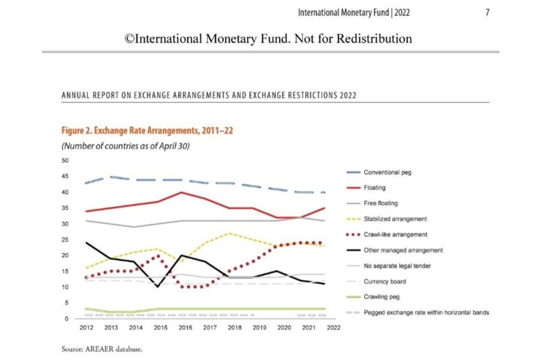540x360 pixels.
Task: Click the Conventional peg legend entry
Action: pyautogui.click(x=387, y=172)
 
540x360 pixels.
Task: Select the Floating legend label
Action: pyautogui.click(x=374, y=188)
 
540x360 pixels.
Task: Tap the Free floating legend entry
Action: pyautogui.click(x=380, y=203)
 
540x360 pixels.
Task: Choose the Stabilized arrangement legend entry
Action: pyautogui.click(x=395, y=219)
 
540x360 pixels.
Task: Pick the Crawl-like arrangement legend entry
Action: pyautogui.click(x=395, y=234)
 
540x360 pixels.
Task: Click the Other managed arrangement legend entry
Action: pyautogui.click(x=403, y=250)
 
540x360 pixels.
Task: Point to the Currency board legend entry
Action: pyautogui.click(x=384, y=281)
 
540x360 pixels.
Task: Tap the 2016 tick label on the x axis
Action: pyautogui.click(x=184, y=328)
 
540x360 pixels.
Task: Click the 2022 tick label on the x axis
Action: pyautogui.click(x=333, y=328)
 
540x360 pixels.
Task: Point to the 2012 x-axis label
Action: pyautogui.click(x=86, y=328)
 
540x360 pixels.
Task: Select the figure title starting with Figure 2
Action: pyautogui.click(x=147, y=131)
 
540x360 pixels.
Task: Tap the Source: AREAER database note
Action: pyautogui.click(x=102, y=349)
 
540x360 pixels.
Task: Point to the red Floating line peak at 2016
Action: pyautogui.click(x=181, y=192)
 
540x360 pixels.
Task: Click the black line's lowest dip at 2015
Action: pyautogui.click(x=157, y=286)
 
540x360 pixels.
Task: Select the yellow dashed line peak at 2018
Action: pyautogui.click(x=229, y=233)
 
